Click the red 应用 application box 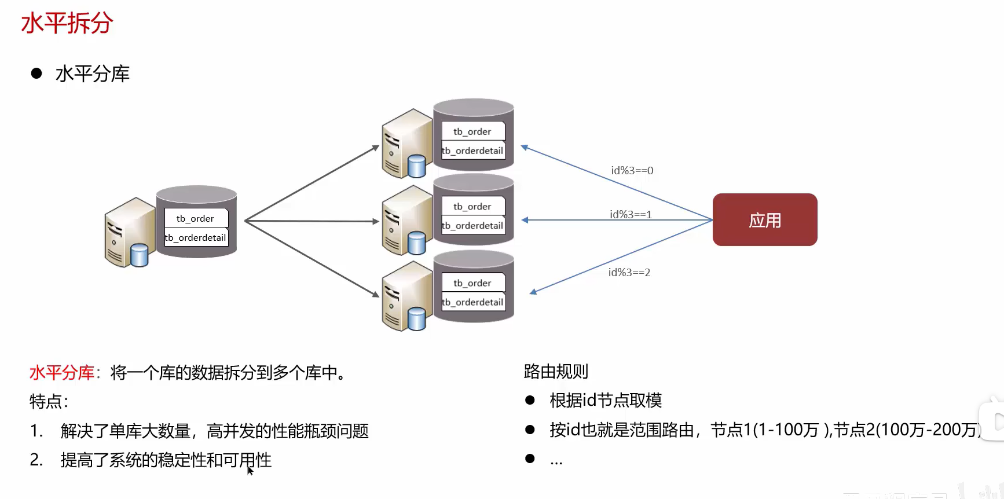764,220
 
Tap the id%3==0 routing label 632,171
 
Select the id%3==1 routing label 631,215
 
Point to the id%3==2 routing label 629,273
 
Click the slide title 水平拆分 67,24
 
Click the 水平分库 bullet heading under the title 92,74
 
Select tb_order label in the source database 195,219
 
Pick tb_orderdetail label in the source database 196,238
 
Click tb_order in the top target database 472,132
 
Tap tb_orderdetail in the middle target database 472,226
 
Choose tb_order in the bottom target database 472,283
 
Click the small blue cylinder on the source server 139,255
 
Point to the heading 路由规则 555,372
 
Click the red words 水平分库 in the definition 61,373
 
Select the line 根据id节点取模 605,401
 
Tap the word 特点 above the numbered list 46,402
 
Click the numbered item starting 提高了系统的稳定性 166,460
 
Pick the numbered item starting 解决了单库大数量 214,431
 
